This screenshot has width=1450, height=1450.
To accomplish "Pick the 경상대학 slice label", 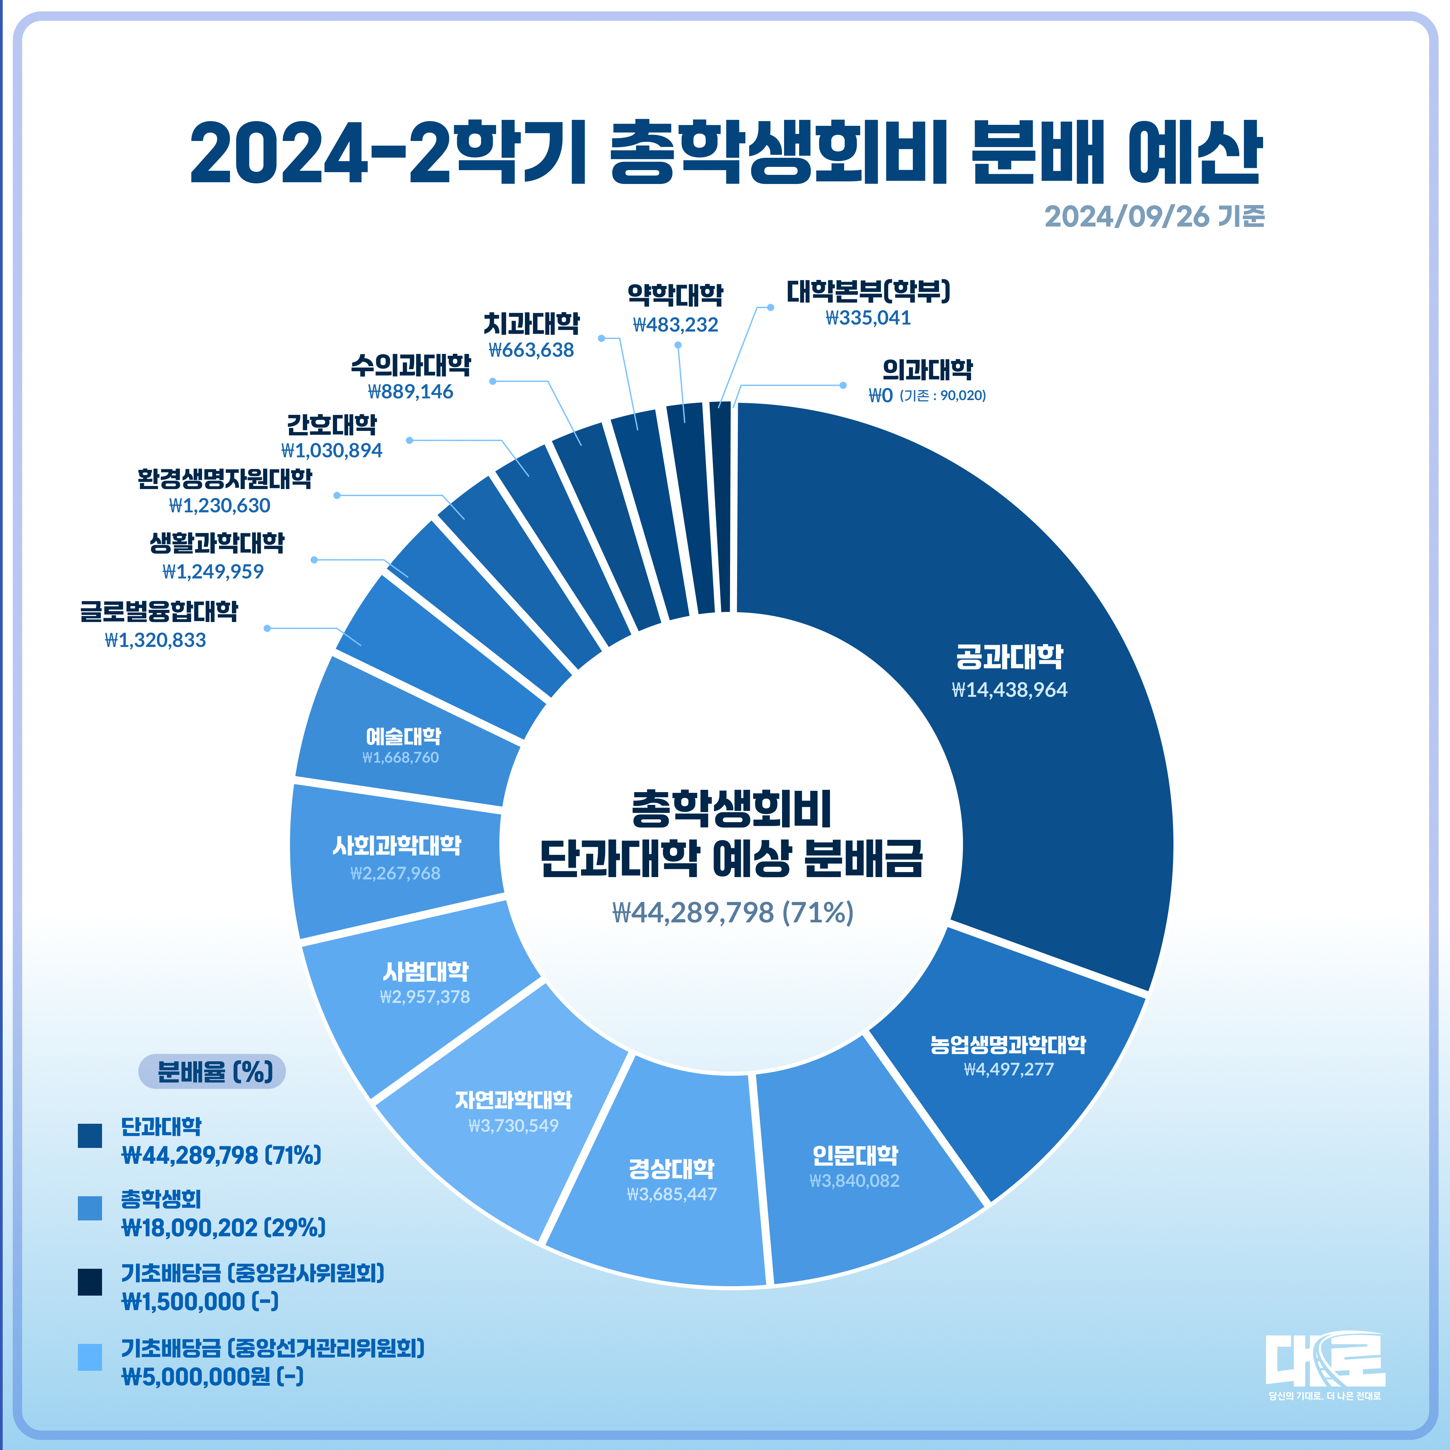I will click(672, 1168).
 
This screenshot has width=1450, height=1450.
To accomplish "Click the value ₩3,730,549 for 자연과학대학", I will click(513, 1125).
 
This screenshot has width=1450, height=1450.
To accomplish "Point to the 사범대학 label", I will click(426, 972).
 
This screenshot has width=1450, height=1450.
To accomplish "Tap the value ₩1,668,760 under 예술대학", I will click(401, 757).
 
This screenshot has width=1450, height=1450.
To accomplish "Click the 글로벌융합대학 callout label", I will click(159, 611).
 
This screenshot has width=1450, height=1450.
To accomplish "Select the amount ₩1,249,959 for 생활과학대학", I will click(213, 571).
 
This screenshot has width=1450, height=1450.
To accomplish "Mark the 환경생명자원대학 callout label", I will click(225, 479).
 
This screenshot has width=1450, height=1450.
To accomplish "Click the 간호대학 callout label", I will click(332, 425).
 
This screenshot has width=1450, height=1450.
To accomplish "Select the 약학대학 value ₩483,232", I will click(675, 324).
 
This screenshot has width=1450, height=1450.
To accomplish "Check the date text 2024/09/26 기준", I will click(1154, 216).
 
